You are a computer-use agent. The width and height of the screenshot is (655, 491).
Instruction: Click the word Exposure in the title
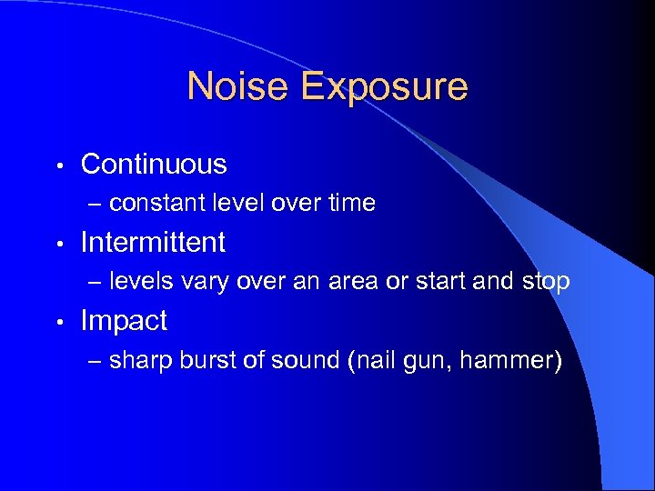(384, 87)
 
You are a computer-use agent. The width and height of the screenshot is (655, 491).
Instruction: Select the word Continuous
(154, 165)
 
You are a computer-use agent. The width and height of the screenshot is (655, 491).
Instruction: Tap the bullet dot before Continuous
(58, 166)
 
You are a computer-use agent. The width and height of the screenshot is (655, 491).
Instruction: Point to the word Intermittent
(153, 243)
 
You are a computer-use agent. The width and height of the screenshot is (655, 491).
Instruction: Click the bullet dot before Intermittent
(58, 245)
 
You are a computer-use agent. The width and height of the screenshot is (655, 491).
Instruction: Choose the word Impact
(124, 321)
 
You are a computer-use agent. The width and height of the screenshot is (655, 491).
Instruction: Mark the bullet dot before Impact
(58, 323)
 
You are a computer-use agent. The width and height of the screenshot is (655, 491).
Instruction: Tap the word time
(350, 204)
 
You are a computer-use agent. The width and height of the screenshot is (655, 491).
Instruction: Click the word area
(351, 283)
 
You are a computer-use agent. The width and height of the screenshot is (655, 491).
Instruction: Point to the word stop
(544, 283)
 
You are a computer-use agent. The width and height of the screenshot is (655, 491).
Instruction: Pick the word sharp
(137, 361)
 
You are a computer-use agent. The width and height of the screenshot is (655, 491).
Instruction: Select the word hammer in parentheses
(505, 361)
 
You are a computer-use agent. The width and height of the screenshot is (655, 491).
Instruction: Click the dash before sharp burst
(96, 362)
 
